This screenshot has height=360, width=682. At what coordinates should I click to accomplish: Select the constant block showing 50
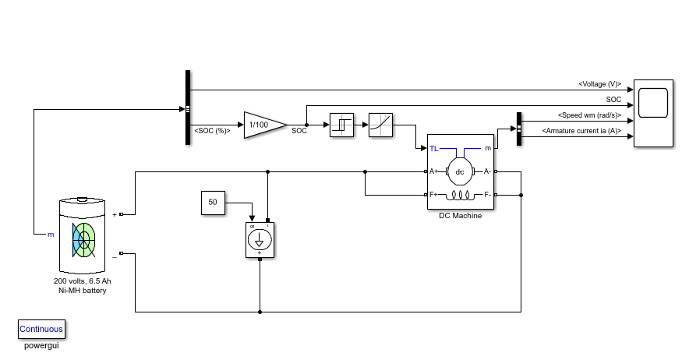click(213, 203)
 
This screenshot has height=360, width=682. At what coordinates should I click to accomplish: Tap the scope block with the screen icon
click(653, 113)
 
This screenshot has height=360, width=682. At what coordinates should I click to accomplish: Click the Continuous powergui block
click(41, 329)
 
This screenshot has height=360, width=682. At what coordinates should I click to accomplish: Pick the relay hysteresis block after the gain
click(341, 125)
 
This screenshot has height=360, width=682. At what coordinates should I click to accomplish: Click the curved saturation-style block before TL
click(380, 125)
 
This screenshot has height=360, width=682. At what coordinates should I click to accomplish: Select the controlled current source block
click(260, 240)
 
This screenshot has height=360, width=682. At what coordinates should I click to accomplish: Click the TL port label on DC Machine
click(433, 149)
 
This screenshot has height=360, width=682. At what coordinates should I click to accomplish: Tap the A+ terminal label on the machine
click(433, 171)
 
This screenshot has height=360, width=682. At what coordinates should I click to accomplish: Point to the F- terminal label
click(487, 195)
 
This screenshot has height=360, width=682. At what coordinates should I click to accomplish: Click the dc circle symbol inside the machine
click(460, 171)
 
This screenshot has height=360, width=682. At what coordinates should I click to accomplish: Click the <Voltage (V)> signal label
click(600, 84)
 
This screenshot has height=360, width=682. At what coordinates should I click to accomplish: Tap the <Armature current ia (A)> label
click(581, 130)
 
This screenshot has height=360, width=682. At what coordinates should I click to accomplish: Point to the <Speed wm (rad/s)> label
click(589, 115)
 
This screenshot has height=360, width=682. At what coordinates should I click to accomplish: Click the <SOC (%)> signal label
click(212, 130)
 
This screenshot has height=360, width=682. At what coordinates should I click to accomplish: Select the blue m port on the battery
click(51, 235)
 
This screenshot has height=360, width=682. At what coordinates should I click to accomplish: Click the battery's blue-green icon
click(83, 240)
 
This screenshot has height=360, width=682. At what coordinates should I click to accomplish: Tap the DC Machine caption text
click(460, 216)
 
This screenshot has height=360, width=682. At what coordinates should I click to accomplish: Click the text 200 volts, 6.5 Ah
click(82, 281)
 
